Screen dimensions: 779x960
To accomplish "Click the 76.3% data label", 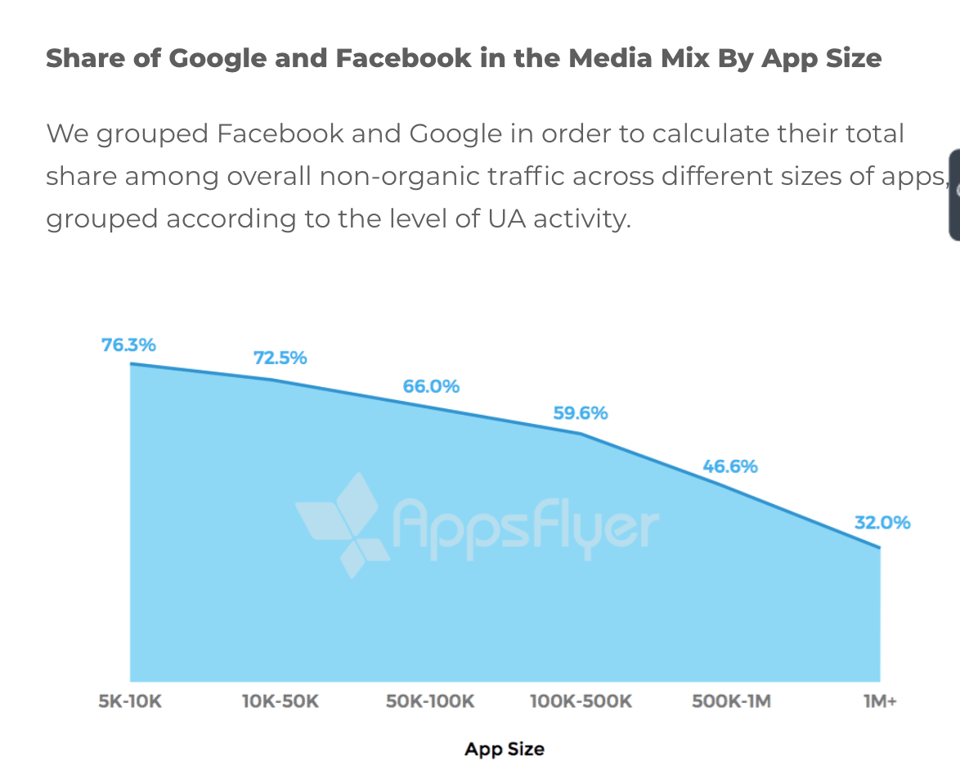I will [x=128, y=344].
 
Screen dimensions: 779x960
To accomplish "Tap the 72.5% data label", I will [x=280, y=358].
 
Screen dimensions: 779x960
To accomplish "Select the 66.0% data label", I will [x=431, y=386].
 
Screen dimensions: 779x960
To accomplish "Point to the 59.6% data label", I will [x=581, y=413].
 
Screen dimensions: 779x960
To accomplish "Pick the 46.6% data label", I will [x=730, y=467].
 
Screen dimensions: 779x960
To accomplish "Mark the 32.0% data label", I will [x=882, y=522].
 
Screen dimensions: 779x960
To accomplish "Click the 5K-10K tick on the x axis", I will [x=130, y=701].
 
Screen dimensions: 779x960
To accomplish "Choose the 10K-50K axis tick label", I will [x=280, y=701].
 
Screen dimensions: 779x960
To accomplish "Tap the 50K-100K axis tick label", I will [x=430, y=701].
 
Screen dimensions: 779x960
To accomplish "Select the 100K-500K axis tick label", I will [x=581, y=701].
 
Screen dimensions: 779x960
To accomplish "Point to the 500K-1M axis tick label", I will [x=731, y=701].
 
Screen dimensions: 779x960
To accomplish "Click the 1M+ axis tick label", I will [x=880, y=701].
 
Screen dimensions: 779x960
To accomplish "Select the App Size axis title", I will [x=505, y=749].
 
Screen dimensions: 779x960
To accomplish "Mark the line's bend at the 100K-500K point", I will [x=581, y=433].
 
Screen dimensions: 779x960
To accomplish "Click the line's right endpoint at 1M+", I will [x=880, y=547].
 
